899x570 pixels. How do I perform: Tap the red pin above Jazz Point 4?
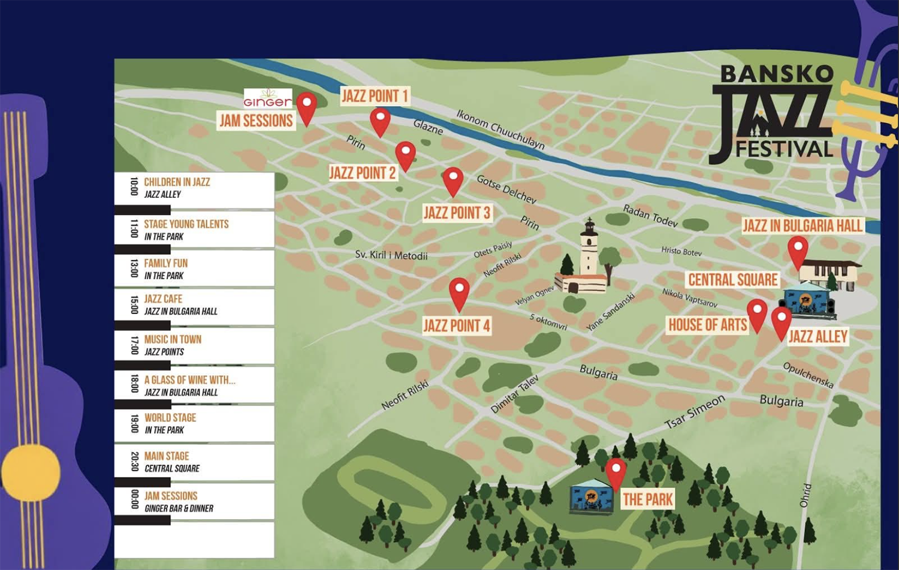[x=459, y=294]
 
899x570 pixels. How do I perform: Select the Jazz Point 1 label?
[x=375, y=96]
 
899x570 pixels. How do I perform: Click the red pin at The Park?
[x=616, y=474]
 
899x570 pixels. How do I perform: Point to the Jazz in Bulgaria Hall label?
[x=803, y=225]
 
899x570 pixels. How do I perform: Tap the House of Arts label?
[x=708, y=325]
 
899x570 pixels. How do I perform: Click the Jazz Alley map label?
[x=818, y=336]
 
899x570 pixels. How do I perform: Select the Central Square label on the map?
[x=733, y=280]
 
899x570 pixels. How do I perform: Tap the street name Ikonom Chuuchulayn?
[x=500, y=129]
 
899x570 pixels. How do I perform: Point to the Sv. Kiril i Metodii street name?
[x=391, y=255]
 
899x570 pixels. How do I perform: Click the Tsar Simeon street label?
[x=695, y=412]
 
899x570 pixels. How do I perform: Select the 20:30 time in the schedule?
[x=135, y=462]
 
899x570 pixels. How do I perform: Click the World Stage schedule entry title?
[x=170, y=418]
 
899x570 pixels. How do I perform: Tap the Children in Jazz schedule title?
[x=177, y=182]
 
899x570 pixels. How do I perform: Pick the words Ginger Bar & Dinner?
[x=179, y=509]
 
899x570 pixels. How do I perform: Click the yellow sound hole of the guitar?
[x=31, y=472]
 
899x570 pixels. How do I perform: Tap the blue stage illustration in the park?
[x=591, y=496]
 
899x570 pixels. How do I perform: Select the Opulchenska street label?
[x=809, y=375]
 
